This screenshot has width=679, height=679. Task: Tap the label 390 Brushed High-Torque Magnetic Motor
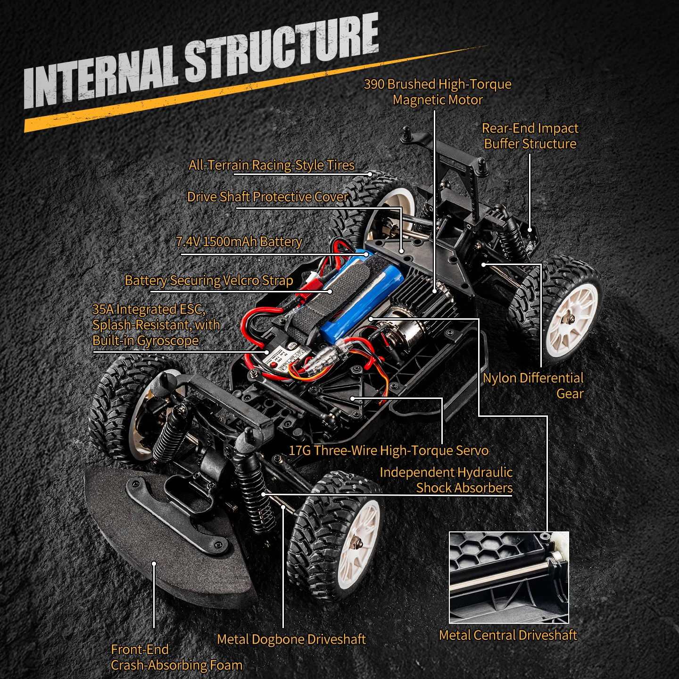438,92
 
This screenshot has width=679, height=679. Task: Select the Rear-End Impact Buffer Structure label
530,136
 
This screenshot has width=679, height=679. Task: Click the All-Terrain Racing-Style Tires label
272,165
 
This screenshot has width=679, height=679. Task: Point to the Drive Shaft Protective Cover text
267,197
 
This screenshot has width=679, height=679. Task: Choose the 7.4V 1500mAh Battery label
239,241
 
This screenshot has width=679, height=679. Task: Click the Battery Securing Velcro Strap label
209,281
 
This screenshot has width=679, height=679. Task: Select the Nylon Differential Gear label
533,386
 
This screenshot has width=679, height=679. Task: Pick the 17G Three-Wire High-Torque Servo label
389,450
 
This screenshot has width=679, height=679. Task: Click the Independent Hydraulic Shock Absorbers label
446,480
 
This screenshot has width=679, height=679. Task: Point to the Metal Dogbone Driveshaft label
291,639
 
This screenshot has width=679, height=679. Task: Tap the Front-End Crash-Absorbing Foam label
176,657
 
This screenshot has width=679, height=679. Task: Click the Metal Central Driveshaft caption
508,635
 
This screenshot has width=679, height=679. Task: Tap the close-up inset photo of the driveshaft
509,577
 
